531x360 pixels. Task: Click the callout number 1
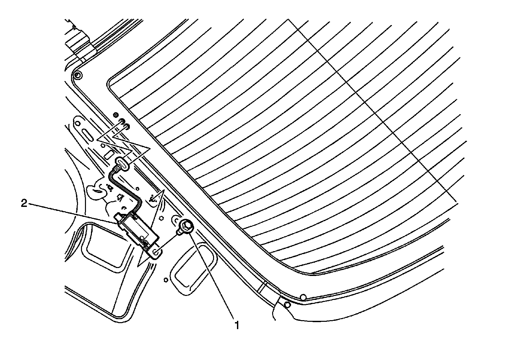[x=237, y=324]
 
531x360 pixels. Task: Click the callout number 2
[x=24, y=204]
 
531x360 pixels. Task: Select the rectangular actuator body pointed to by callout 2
[x=136, y=229]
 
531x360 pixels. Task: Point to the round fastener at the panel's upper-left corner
[x=77, y=75]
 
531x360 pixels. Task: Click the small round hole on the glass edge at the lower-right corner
[x=303, y=296]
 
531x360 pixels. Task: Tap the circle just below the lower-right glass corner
[x=287, y=304]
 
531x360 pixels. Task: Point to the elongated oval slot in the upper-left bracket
[x=88, y=136]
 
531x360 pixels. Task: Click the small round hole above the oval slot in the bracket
[x=77, y=123]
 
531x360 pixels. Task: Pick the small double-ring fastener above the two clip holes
[x=115, y=115]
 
